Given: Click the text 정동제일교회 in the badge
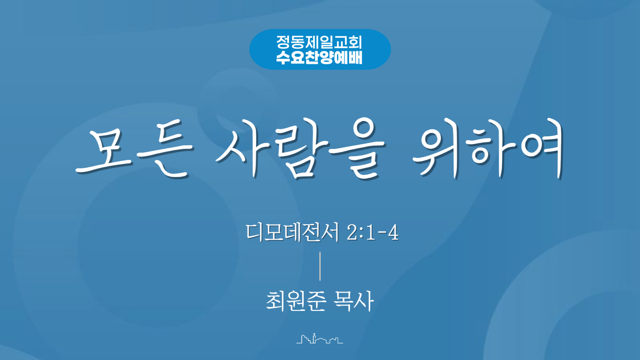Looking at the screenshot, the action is pyautogui.click(x=319, y=42).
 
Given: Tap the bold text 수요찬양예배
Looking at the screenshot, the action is pyautogui.click(x=319, y=57).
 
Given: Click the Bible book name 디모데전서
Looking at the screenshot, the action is pyautogui.click(x=292, y=232).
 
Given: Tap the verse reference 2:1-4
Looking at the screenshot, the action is pyautogui.click(x=373, y=232).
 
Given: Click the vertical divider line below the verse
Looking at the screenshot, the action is pyautogui.click(x=320, y=266).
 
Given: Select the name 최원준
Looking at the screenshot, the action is pyautogui.click(x=296, y=301).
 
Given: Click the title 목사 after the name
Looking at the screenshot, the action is pyautogui.click(x=354, y=301).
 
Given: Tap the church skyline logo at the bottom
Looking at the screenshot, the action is pyautogui.click(x=320, y=338).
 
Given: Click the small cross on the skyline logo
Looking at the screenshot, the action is pyautogui.click(x=314, y=334).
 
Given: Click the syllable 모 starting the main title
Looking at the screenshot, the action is pyautogui.click(x=104, y=151).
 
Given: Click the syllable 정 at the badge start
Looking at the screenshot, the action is pyautogui.click(x=283, y=42).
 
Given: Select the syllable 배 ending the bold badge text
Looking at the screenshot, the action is pyautogui.click(x=355, y=57).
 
